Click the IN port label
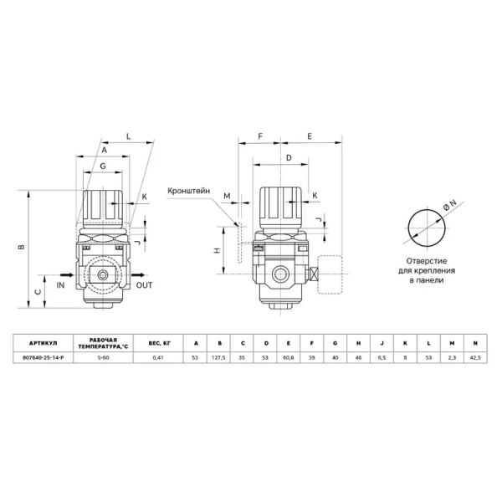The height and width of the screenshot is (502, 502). point(60,285)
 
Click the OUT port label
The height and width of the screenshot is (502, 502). point(144,285)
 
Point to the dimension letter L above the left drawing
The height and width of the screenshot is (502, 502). point(128,134)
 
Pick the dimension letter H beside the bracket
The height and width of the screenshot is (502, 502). point(217,251)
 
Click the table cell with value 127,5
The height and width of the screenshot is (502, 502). point(219,359)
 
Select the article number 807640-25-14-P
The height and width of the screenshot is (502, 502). point(41,359)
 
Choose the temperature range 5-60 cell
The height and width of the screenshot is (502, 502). point(103,359)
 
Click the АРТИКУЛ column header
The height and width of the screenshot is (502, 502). point(41,343)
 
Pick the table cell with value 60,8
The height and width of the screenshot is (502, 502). point(289,359)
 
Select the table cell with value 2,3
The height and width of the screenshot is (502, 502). point(452,359)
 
